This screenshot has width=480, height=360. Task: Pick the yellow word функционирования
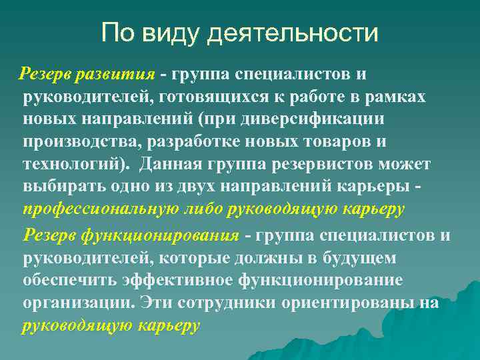pos(160,235)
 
